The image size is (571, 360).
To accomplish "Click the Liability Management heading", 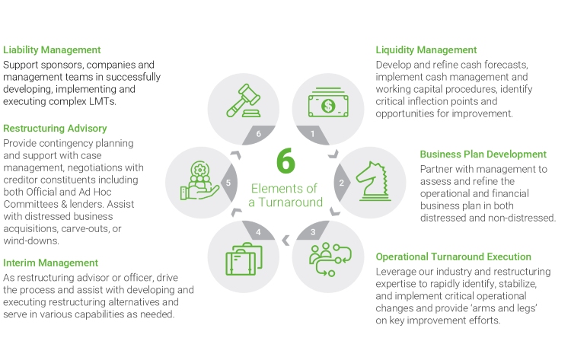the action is point(52,50).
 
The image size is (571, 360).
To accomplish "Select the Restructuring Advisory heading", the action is point(55,129).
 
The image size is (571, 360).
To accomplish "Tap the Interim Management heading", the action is point(50,263).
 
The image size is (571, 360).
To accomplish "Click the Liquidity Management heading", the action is point(426,50).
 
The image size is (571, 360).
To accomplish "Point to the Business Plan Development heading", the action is point(483,155).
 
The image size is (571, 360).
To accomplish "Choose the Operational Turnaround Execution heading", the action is point(454,257).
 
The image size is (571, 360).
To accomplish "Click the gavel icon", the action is point(244,100).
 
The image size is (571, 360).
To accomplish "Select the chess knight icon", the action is point(373,181).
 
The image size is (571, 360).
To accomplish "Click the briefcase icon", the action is point(244,259).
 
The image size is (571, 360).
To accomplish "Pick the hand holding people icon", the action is point(199,180).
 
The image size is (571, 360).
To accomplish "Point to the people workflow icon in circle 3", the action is point(330,260).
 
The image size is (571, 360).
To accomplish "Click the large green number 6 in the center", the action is point(285,161).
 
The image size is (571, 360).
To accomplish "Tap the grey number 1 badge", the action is point(313,134).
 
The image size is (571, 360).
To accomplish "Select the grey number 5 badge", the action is point(229,183).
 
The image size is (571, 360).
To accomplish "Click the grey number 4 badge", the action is point(258,231).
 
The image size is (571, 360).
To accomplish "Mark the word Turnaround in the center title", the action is point(291,202).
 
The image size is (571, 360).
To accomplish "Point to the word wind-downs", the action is point(31,241).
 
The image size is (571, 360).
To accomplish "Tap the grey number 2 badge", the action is point(342,183).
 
